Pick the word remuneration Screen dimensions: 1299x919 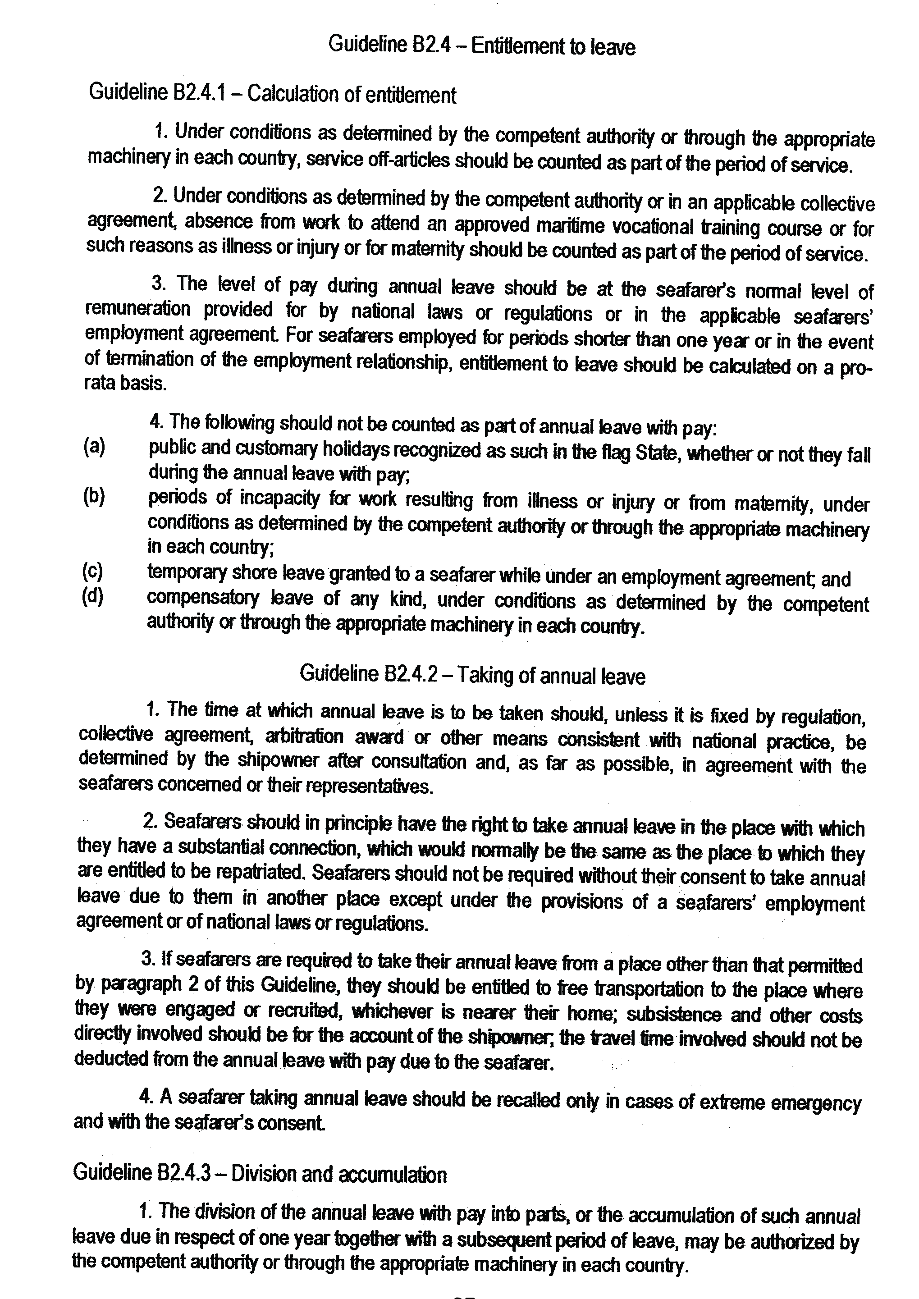click(137, 309)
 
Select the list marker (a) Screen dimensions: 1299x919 click(94, 447)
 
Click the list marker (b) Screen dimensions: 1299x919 click(94, 496)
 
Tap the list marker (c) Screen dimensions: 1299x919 click(93, 572)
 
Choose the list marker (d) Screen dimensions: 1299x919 click(93, 596)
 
